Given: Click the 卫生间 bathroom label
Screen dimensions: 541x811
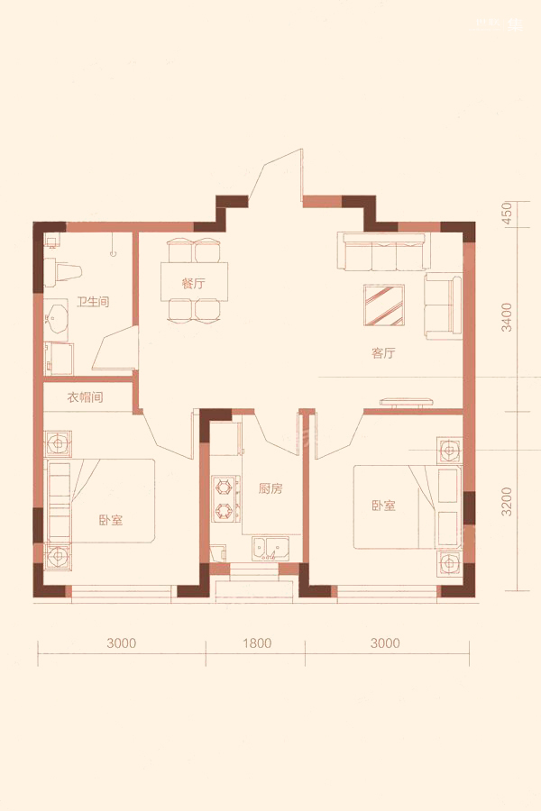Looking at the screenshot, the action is point(93,301).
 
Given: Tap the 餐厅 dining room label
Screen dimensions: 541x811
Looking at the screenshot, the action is point(193,283).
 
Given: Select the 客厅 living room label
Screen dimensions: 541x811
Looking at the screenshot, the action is point(383,352).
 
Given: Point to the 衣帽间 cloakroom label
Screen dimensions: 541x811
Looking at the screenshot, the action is point(85,397).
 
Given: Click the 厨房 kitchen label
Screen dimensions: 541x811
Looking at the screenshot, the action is point(270,488).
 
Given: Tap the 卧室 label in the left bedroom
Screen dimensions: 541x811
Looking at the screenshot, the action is point(111,520).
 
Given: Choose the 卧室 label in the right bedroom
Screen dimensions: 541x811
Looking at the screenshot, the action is point(383,506).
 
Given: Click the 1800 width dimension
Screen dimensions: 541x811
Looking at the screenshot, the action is point(257,642).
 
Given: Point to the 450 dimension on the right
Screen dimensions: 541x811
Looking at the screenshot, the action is point(507,213).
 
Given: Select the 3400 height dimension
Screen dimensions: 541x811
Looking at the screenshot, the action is point(507,317).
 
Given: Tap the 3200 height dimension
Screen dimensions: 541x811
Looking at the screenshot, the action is point(507,502).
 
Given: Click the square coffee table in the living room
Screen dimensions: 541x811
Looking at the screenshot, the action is point(384,305).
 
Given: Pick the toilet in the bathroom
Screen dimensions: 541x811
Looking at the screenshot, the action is point(62,272).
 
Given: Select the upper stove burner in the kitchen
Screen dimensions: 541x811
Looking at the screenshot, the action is point(224,487).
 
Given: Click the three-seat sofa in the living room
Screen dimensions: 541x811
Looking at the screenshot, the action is point(383,251).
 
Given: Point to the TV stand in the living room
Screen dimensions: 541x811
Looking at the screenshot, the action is point(407,402).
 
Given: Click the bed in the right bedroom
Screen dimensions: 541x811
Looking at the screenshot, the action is point(407,506).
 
